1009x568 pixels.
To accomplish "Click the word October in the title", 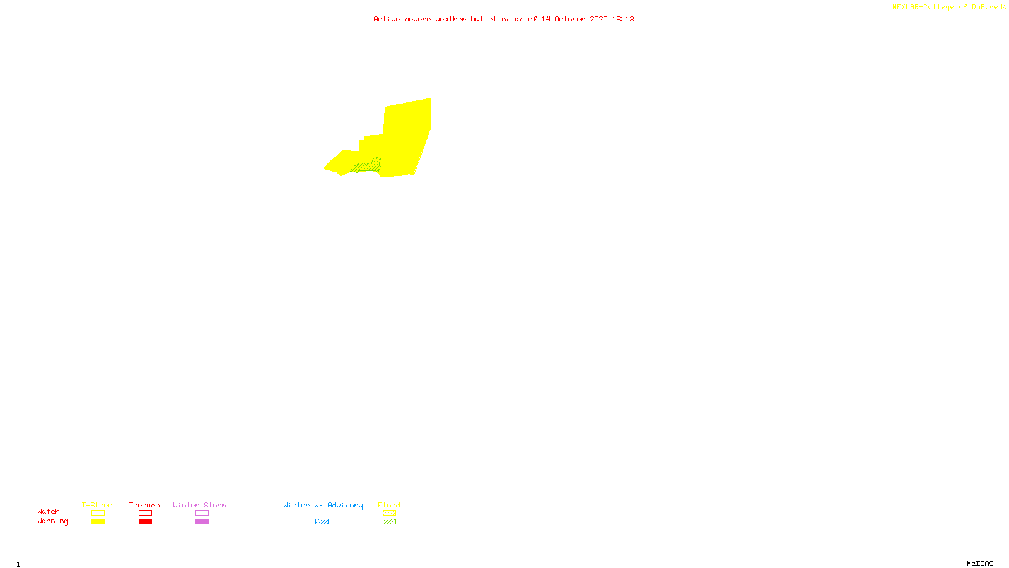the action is [x=569, y=19].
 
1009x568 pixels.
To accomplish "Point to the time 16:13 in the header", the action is [x=622, y=19].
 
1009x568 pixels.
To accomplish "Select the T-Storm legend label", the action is [x=97, y=505].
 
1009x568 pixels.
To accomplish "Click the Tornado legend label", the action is [x=144, y=505].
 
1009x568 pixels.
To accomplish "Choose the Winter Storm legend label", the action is [x=199, y=505].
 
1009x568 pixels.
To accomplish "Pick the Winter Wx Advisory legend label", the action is [x=323, y=505].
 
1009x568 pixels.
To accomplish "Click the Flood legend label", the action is [x=389, y=505].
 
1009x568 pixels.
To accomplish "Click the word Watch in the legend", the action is [x=49, y=511].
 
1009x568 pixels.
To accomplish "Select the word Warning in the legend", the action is [x=52, y=521].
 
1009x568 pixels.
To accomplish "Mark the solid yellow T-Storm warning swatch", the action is [x=98, y=522].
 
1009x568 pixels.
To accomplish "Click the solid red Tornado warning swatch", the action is [x=145, y=522].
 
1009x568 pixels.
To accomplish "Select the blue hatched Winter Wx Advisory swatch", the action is [x=322, y=522].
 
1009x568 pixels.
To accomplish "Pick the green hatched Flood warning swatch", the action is [x=389, y=522].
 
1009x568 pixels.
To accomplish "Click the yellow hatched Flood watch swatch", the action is [x=389, y=513].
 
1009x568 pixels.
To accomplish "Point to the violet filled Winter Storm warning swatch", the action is [x=202, y=522].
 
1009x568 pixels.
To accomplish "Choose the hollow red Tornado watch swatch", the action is [x=145, y=513].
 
